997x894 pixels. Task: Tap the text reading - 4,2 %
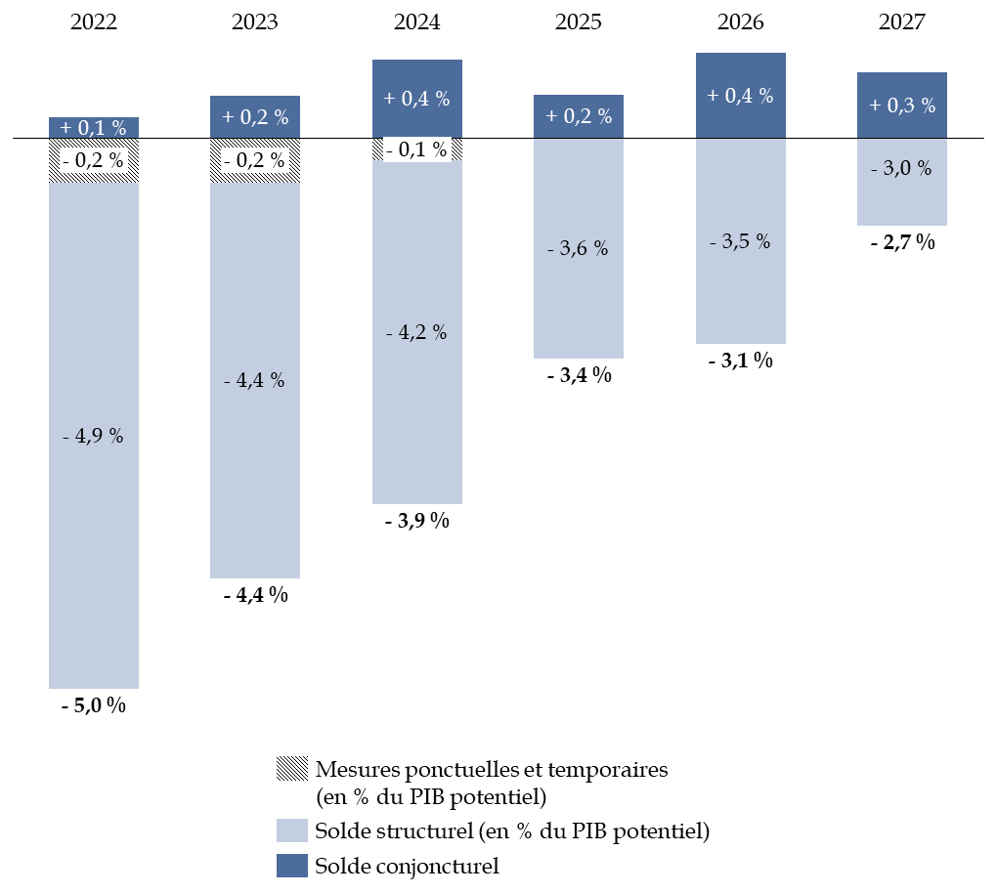tap(416, 333)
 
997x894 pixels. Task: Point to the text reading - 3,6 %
tap(578, 249)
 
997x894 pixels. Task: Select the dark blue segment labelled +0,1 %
tap(94, 128)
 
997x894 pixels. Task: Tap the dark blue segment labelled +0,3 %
tap(901, 106)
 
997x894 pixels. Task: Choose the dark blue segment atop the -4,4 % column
tap(255, 117)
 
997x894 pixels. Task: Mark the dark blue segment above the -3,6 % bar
tap(578, 116)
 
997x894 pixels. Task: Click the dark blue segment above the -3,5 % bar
tap(740, 96)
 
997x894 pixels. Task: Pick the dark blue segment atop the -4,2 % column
tap(416, 99)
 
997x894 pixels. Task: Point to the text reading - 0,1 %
tap(416, 150)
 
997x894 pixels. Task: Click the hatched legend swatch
tap(292, 768)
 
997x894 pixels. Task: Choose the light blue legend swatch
tap(292, 830)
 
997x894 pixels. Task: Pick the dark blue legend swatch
tap(292, 866)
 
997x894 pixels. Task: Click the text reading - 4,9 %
tap(94, 437)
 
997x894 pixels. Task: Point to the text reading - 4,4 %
tap(255, 381)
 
